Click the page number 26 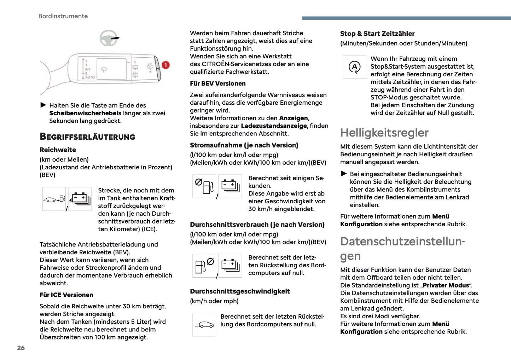click(x=21, y=348)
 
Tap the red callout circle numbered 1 click(x=166, y=65)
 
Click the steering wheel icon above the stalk click(x=109, y=38)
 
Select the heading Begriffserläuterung click(x=87, y=137)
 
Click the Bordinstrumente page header click(x=63, y=16)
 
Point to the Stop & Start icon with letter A click(x=354, y=67)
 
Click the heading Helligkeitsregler click(x=384, y=133)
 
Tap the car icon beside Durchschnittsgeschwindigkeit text click(x=204, y=325)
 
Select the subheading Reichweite click(x=58, y=150)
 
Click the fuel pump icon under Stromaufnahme click(x=204, y=186)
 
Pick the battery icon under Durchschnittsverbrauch click(x=230, y=265)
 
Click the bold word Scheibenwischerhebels click(x=85, y=113)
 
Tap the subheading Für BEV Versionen click(x=217, y=84)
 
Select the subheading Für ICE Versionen click(x=66, y=295)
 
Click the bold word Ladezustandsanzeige click(x=274, y=126)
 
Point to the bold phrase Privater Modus click(x=446, y=285)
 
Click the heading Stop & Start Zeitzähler click(x=377, y=34)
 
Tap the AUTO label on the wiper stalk click(x=90, y=77)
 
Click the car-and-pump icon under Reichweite click(x=54, y=199)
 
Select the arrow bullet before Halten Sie click(x=43, y=105)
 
